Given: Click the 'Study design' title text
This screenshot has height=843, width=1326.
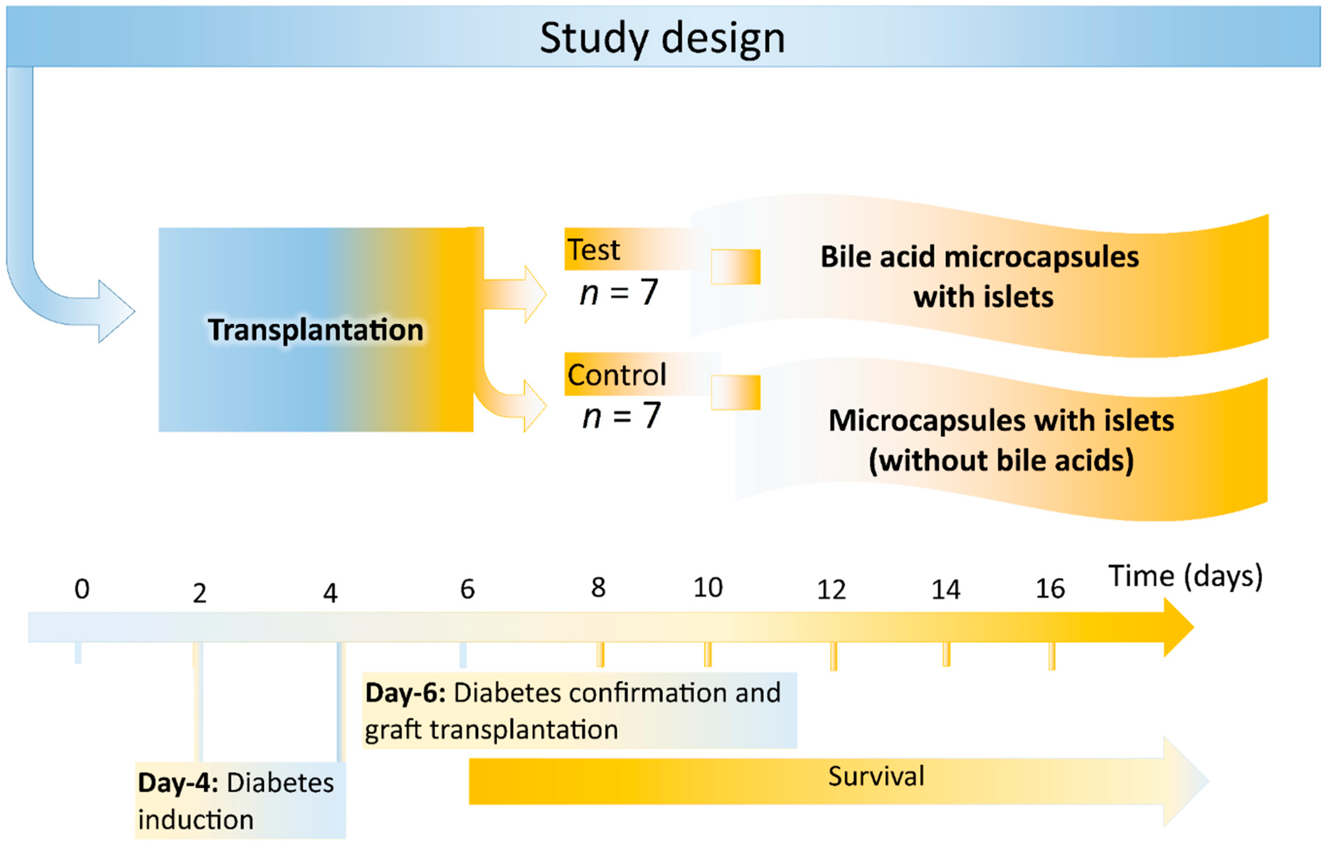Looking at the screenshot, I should [x=662, y=38].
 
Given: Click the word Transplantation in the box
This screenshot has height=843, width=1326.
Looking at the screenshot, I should [x=315, y=330].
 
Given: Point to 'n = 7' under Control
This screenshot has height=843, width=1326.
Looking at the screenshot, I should [x=621, y=416].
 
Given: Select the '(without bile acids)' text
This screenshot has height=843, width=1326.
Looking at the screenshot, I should [x=1001, y=460].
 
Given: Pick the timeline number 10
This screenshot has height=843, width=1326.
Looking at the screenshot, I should [x=707, y=588].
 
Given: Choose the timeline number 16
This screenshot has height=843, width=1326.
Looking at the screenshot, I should [x=1050, y=589].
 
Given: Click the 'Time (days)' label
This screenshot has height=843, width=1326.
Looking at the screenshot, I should [x=1185, y=576].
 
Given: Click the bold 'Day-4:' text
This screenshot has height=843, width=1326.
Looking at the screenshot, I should [x=178, y=783].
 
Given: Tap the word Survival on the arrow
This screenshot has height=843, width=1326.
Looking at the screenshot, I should [x=876, y=776].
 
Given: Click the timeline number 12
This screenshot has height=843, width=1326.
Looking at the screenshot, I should [x=831, y=590].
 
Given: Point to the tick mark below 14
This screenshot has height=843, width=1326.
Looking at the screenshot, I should [x=946, y=654].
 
